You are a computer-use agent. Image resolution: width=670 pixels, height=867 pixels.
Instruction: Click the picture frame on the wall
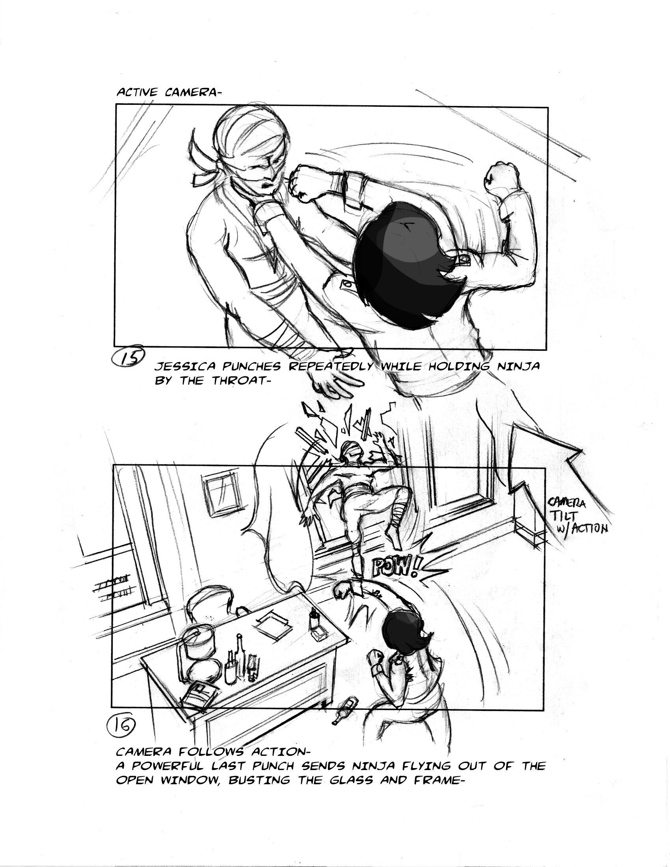click(x=219, y=496)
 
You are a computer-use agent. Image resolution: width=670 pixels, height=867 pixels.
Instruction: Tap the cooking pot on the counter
click(x=196, y=643)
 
